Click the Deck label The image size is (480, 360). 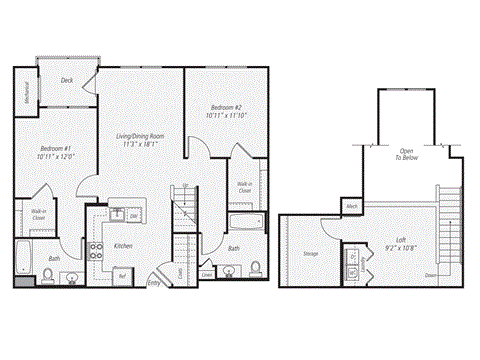[x=67, y=80]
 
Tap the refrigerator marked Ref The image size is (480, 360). [x=121, y=274]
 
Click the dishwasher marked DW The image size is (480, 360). [x=132, y=215]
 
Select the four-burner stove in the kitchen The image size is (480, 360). [x=97, y=251]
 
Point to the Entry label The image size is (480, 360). [x=153, y=283]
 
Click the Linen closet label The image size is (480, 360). [x=206, y=272]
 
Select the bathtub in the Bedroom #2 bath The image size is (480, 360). [x=244, y=222]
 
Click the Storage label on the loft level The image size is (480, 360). [x=310, y=254]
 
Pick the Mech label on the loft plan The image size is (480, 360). [x=351, y=207]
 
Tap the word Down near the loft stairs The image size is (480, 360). [x=429, y=274]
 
